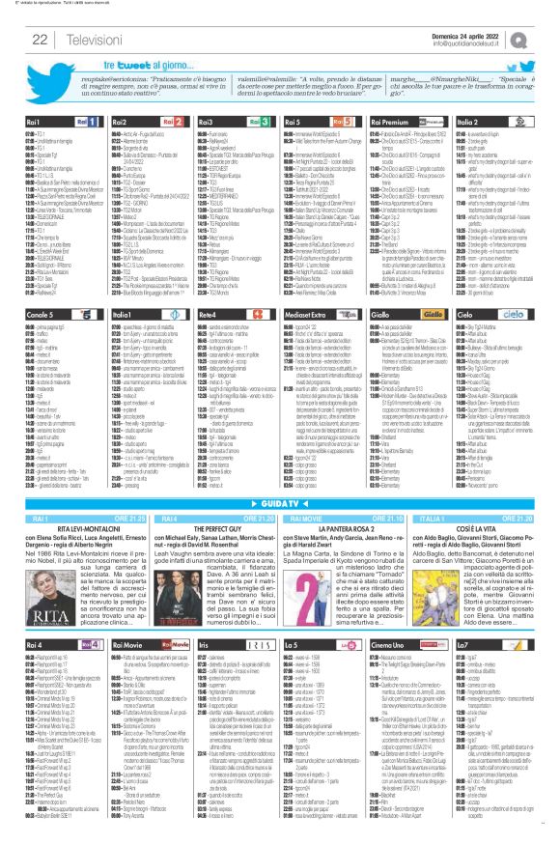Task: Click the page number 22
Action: pos(41,39)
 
